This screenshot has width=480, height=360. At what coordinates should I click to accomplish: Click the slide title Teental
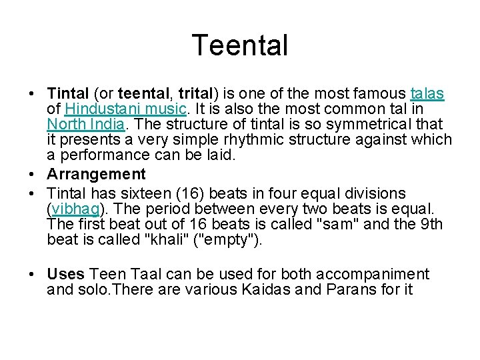(240, 45)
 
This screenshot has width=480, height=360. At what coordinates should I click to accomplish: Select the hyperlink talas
(427, 93)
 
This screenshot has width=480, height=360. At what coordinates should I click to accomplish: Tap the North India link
(85, 124)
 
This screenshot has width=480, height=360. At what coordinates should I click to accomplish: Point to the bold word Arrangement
(96, 175)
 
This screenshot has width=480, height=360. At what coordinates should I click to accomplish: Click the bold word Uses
(65, 274)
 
